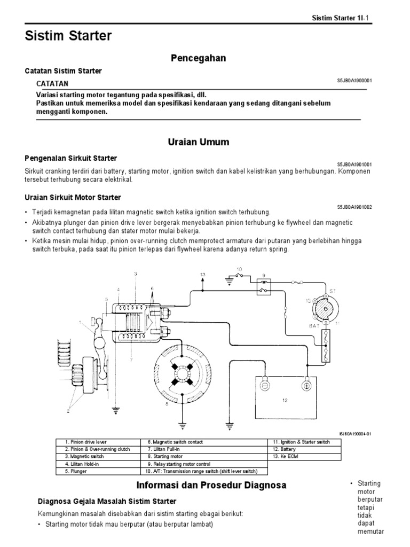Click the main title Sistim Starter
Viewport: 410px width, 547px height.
(68, 36)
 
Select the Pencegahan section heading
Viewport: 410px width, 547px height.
(198, 58)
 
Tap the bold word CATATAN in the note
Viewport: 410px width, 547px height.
(52, 84)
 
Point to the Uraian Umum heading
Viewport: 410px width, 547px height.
(198, 142)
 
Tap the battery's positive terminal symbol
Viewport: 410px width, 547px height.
(307, 386)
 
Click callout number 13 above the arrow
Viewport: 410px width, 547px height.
(202, 275)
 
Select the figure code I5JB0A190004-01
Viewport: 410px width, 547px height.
(355, 434)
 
